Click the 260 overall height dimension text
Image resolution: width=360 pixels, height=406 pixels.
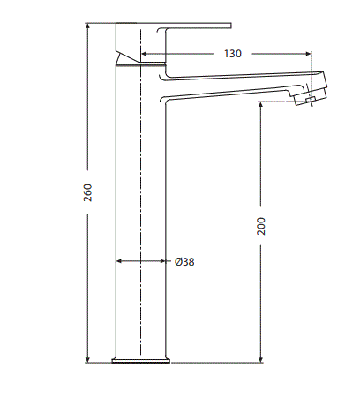click(x=87, y=192)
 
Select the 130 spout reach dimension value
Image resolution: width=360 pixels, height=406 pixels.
click(x=232, y=54)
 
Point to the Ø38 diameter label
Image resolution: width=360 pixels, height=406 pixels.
click(x=184, y=261)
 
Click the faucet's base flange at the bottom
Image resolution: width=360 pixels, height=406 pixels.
click(x=140, y=359)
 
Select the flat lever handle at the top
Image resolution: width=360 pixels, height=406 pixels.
click(x=194, y=26)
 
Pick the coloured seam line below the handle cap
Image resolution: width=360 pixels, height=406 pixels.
click(x=140, y=64)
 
